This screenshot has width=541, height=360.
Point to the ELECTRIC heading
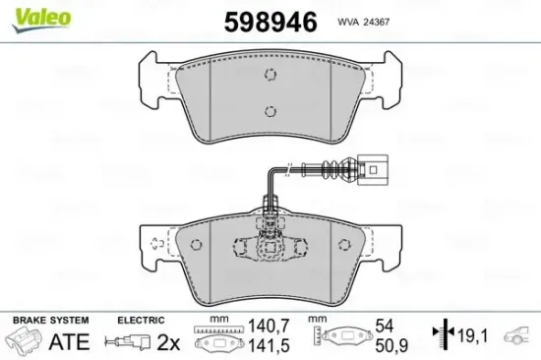pos(139,321)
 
